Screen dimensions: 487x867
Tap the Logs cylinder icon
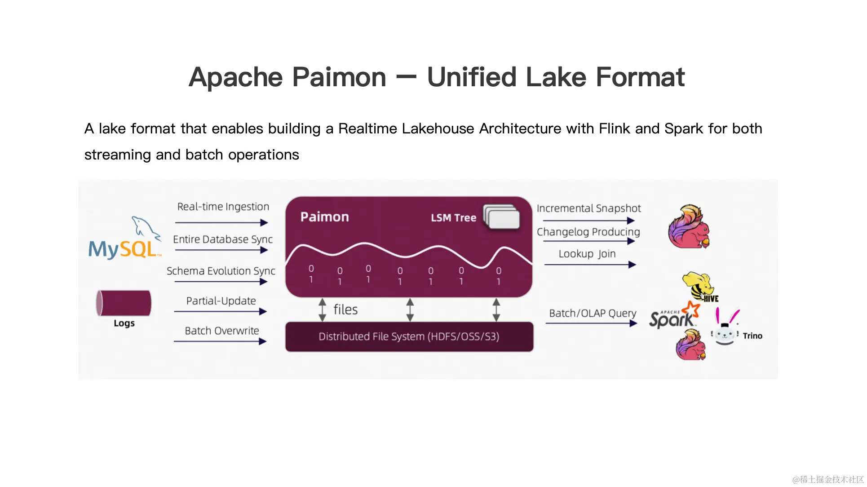coord(124,303)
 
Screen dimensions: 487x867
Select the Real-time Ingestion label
coord(223,207)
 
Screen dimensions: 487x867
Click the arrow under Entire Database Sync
coord(221,250)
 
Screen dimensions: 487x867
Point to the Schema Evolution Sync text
coord(221,271)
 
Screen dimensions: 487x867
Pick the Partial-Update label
coord(221,301)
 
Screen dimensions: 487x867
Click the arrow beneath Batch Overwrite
coord(220,341)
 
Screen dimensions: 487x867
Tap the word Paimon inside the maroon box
coord(324,217)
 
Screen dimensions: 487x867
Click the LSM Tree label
coord(453,218)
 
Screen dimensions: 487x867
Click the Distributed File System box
coord(409,336)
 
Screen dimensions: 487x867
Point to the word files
coord(345,310)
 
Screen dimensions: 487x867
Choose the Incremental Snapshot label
coord(588,208)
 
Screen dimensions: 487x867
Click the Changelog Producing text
coord(588,232)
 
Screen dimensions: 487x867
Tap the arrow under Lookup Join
coord(590,265)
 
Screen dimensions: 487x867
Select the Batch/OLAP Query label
coord(593,313)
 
